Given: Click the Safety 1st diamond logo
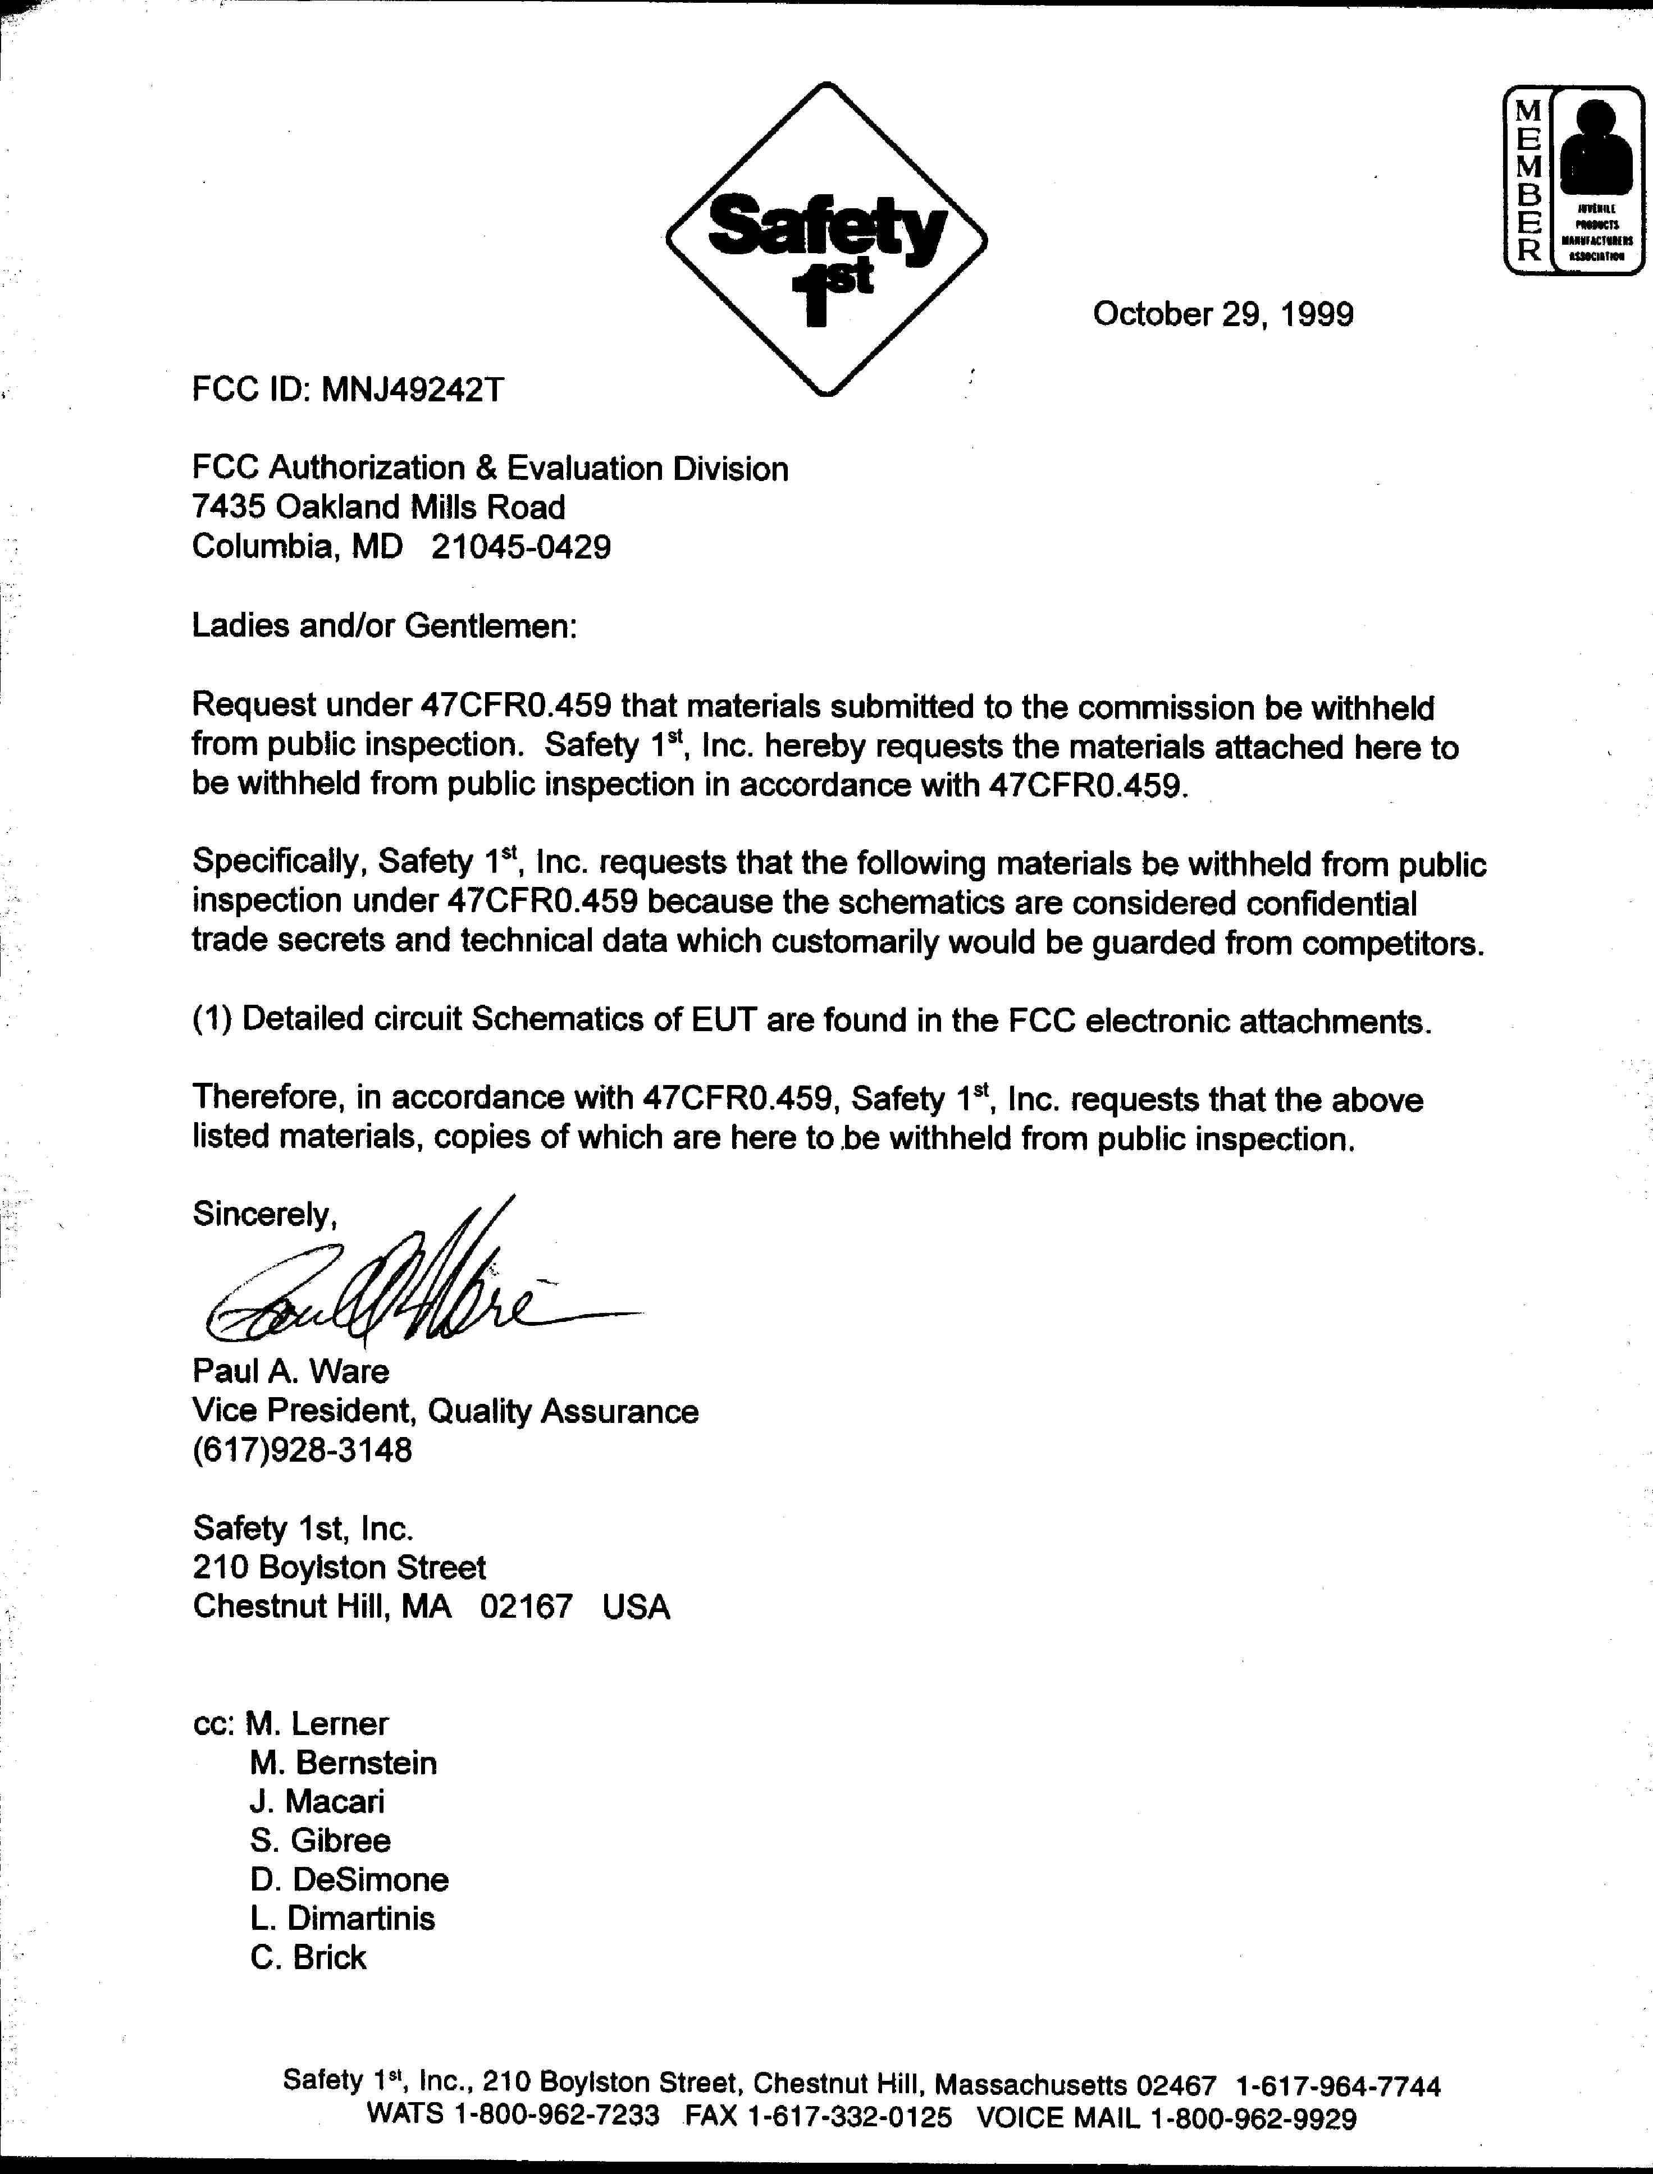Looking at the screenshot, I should [x=826, y=239].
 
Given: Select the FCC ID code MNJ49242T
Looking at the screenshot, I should [x=412, y=391].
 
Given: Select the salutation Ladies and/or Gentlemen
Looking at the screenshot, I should [x=383, y=626].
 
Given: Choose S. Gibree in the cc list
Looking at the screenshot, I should [x=320, y=1841].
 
